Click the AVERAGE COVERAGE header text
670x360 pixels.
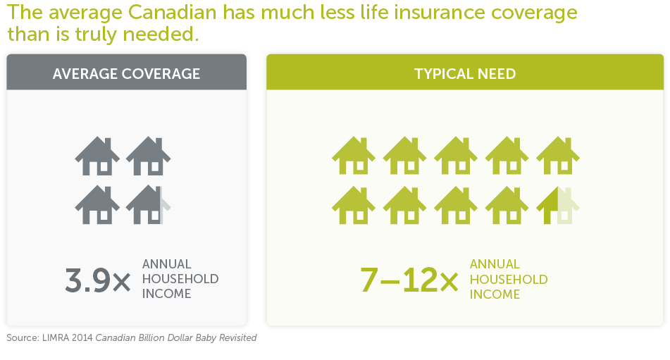(127, 74)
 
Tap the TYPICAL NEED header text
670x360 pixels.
(465, 74)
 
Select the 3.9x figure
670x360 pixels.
(98, 280)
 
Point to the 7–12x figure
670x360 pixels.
(409, 280)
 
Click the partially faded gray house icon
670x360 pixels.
(148, 205)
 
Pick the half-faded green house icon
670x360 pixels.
(557, 206)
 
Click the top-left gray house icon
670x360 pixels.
(97, 156)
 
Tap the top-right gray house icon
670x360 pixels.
(148, 156)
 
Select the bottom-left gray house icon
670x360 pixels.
(97, 205)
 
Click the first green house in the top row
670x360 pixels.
(354, 156)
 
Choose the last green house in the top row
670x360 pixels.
(557, 156)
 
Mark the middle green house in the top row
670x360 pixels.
(456, 156)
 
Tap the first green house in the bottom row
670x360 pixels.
(354, 206)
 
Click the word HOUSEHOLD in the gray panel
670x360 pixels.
(180, 279)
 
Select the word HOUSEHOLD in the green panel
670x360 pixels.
(509, 279)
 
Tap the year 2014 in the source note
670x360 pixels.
(82, 337)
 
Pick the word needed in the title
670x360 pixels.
(161, 34)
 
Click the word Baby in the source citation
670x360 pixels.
(206, 337)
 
